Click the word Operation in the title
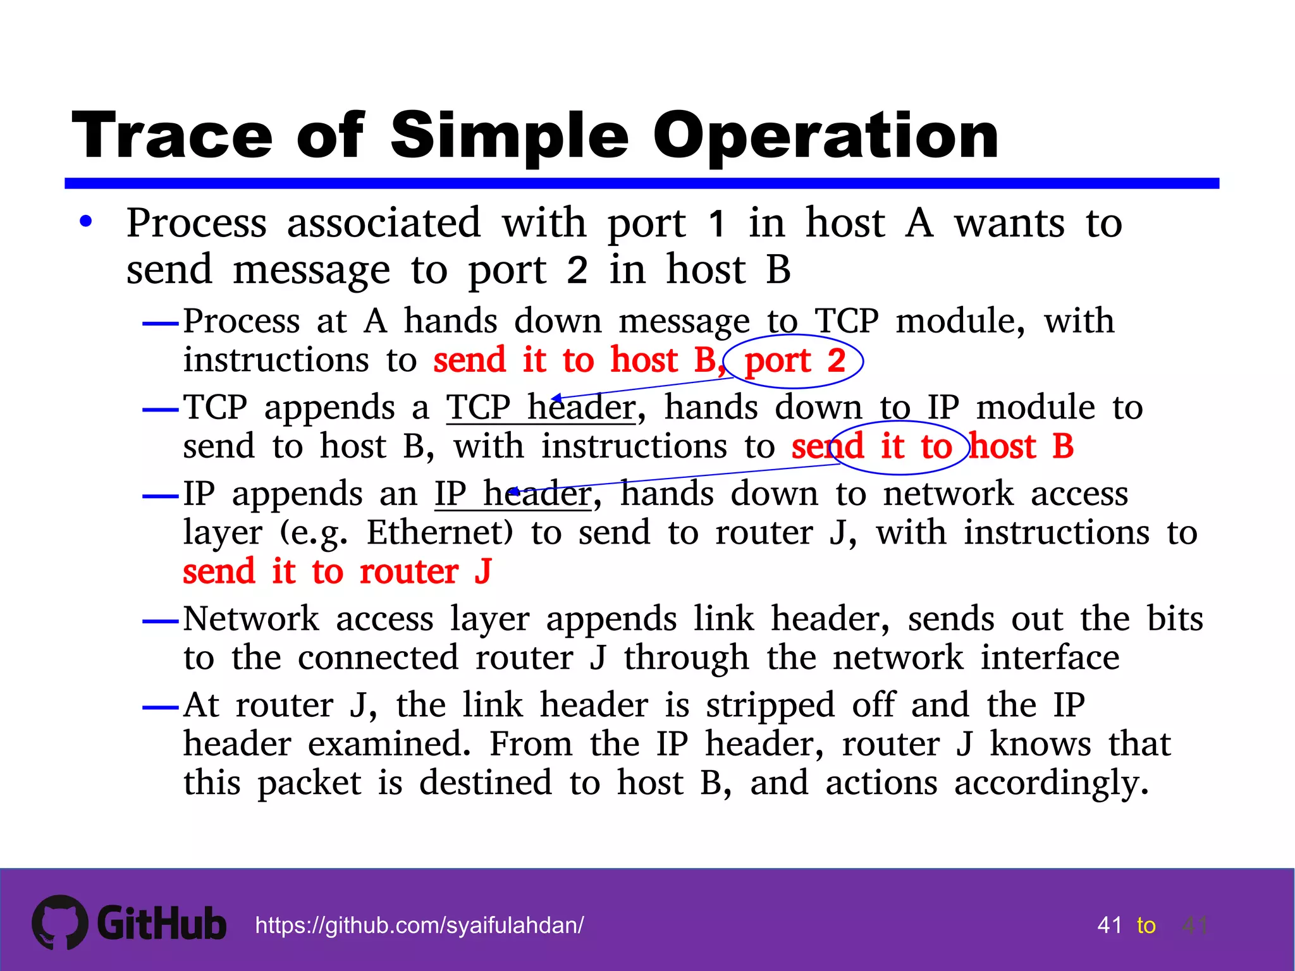coord(825,136)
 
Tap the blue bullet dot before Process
coord(86,222)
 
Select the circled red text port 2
coord(795,360)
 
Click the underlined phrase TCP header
coord(541,407)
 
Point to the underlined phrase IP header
coord(512,494)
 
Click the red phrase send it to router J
coord(337,571)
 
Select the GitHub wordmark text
coord(162,924)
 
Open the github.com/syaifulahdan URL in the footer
coord(419,925)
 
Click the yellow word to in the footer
coord(1146,925)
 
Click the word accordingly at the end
coord(1051,783)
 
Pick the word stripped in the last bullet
coord(770,705)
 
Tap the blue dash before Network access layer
coord(161,621)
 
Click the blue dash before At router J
coord(161,707)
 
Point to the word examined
coord(390,744)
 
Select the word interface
coord(1050,658)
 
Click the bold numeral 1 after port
coord(716,223)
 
